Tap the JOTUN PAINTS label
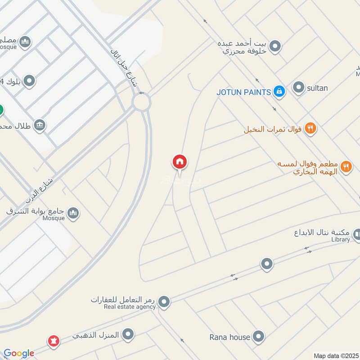[243, 92]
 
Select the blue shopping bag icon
[279, 92]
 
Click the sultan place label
[317, 88]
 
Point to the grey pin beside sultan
[298, 88]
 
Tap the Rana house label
[229, 337]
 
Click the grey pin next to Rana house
[258, 336]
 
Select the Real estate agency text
[130, 307]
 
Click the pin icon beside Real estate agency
[164, 302]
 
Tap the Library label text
[340, 239]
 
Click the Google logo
[19, 353]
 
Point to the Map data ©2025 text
[335, 355]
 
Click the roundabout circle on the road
[141, 103]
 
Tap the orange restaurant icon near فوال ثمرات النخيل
[310, 129]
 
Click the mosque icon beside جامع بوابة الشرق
[74, 214]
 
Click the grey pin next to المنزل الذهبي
[129, 334]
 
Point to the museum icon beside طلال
[40, 125]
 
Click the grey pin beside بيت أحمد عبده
[275, 46]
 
